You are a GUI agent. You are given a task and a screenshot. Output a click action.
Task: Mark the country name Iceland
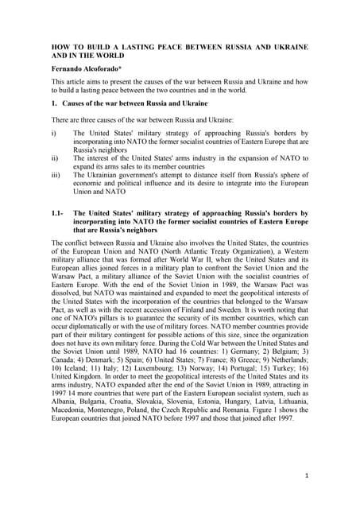(x=74, y=379)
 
